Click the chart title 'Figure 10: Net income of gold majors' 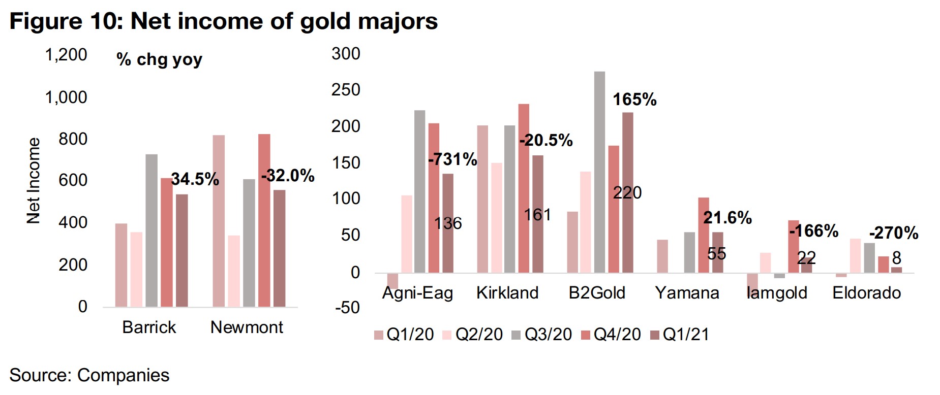point(224,21)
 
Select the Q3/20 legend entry point(542,334)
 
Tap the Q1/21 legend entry point(680,334)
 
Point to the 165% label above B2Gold point(634,100)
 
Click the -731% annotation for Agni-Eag point(452,159)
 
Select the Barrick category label point(149,327)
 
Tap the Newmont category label point(247,327)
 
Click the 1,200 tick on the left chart point(66,55)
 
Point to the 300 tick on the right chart point(346,54)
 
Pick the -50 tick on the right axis point(347,308)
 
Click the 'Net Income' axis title point(34,181)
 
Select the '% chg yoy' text point(159,60)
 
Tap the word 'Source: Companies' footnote point(89,375)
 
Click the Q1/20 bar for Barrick point(121,265)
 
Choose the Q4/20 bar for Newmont point(264,220)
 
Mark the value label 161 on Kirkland point(537,215)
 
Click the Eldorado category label point(866,293)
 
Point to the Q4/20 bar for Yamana point(703,235)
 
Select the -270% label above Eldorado point(893,233)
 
